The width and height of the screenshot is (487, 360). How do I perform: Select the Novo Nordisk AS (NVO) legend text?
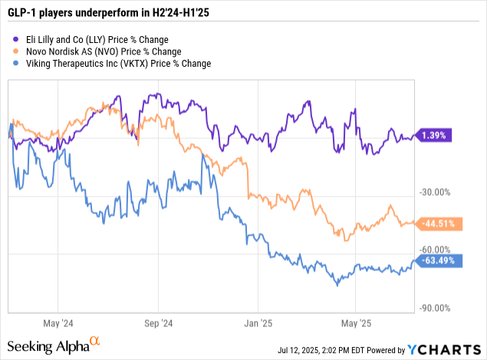[x=107, y=51]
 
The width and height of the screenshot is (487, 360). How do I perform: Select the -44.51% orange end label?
[x=438, y=223]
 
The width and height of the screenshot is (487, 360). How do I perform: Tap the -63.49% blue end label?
[x=438, y=260]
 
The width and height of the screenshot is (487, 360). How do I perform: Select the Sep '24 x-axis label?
[x=160, y=323]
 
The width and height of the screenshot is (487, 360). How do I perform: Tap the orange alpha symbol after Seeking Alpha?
[x=95, y=341]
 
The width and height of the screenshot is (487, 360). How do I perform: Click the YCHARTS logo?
[x=445, y=350]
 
